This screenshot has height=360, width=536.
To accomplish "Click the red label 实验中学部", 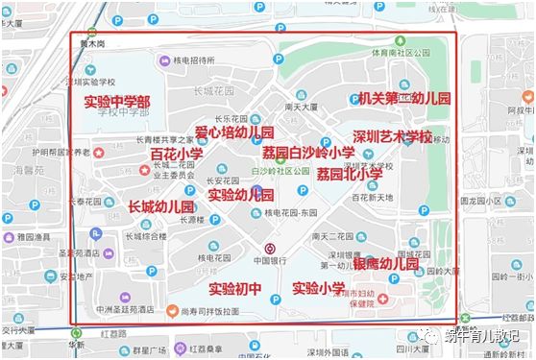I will pos(116,102).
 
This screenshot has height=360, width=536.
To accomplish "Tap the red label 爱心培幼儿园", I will pos(234,132).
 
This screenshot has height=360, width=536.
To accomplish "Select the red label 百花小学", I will pos(177,154).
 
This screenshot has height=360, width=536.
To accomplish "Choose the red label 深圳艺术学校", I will pos(392,136).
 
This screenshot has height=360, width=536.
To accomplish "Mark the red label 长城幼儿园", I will pos(161,206).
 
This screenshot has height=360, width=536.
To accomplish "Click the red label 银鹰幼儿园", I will pos(386,263).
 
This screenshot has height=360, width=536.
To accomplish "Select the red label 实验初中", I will pos(235,288).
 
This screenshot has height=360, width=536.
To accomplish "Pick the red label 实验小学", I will pos(319,288).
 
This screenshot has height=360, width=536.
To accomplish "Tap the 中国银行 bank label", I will pos(270,260).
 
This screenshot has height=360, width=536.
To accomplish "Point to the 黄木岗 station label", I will pos(92,44).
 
